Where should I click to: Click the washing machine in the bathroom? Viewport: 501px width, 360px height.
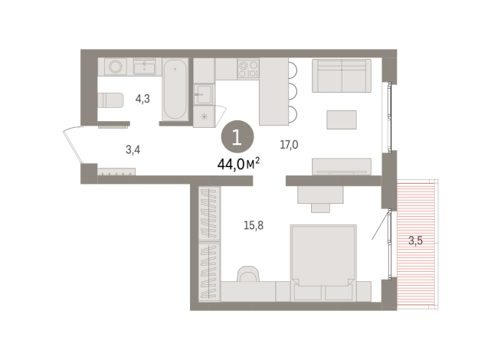116,67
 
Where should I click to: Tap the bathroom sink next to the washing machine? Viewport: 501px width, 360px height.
144,67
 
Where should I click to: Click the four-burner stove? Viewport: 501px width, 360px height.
247,69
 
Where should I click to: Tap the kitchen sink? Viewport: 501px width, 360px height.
203,94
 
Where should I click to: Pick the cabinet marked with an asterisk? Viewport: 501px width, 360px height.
204,115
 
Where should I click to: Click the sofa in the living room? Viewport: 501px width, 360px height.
341,76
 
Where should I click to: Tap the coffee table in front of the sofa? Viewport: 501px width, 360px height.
341,119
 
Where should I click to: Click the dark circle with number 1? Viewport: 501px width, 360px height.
236,139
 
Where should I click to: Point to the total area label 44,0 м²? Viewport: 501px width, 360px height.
238,162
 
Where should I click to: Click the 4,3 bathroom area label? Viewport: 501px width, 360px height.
143,98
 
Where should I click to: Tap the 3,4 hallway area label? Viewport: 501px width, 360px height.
133,149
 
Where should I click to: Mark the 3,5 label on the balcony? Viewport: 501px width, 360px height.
415,241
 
